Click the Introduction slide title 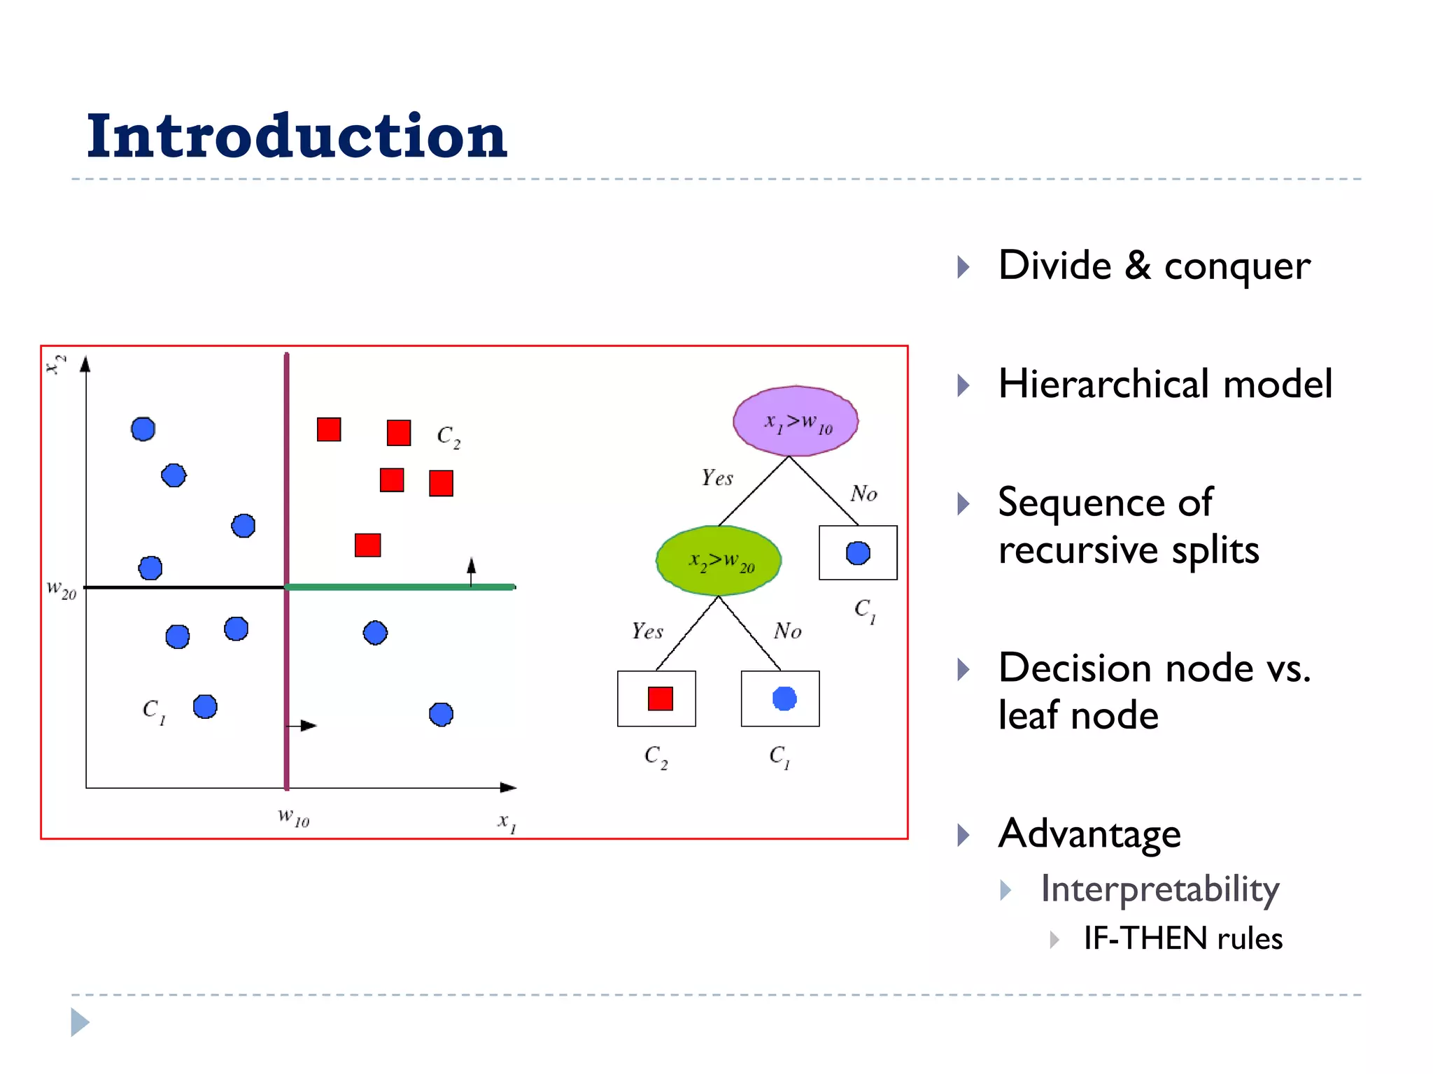pyautogui.click(x=297, y=136)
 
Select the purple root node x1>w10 pyautogui.click(x=796, y=421)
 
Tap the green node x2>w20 pyautogui.click(x=719, y=561)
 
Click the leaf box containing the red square pyautogui.click(x=656, y=699)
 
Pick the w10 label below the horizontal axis pyautogui.click(x=293, y=817)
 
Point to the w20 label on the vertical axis pyautogui.click(x=62, y=589)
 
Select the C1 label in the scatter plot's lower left pyautogui.click(x=154, y=711)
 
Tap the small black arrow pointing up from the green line pyautogui.click(x=471, y=571)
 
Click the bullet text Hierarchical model pyautogui.click(x=1164, y=385)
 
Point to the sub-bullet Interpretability pyautogui.click(x=1159, y=889)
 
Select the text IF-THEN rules pyautogui.click(x=1183, y=938)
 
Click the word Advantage pyautogui.click(x=1089, y=833)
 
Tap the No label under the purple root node pyautogui.click(x=863, y=494)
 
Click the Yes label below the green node pyautogui.click(x=647, y=631)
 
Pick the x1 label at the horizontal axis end pyautogui.click(x=507, y=822)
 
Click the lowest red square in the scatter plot pyautogui.click(x=367, y=545)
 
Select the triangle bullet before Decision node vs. pyautogui.click(x=963, y=669)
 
